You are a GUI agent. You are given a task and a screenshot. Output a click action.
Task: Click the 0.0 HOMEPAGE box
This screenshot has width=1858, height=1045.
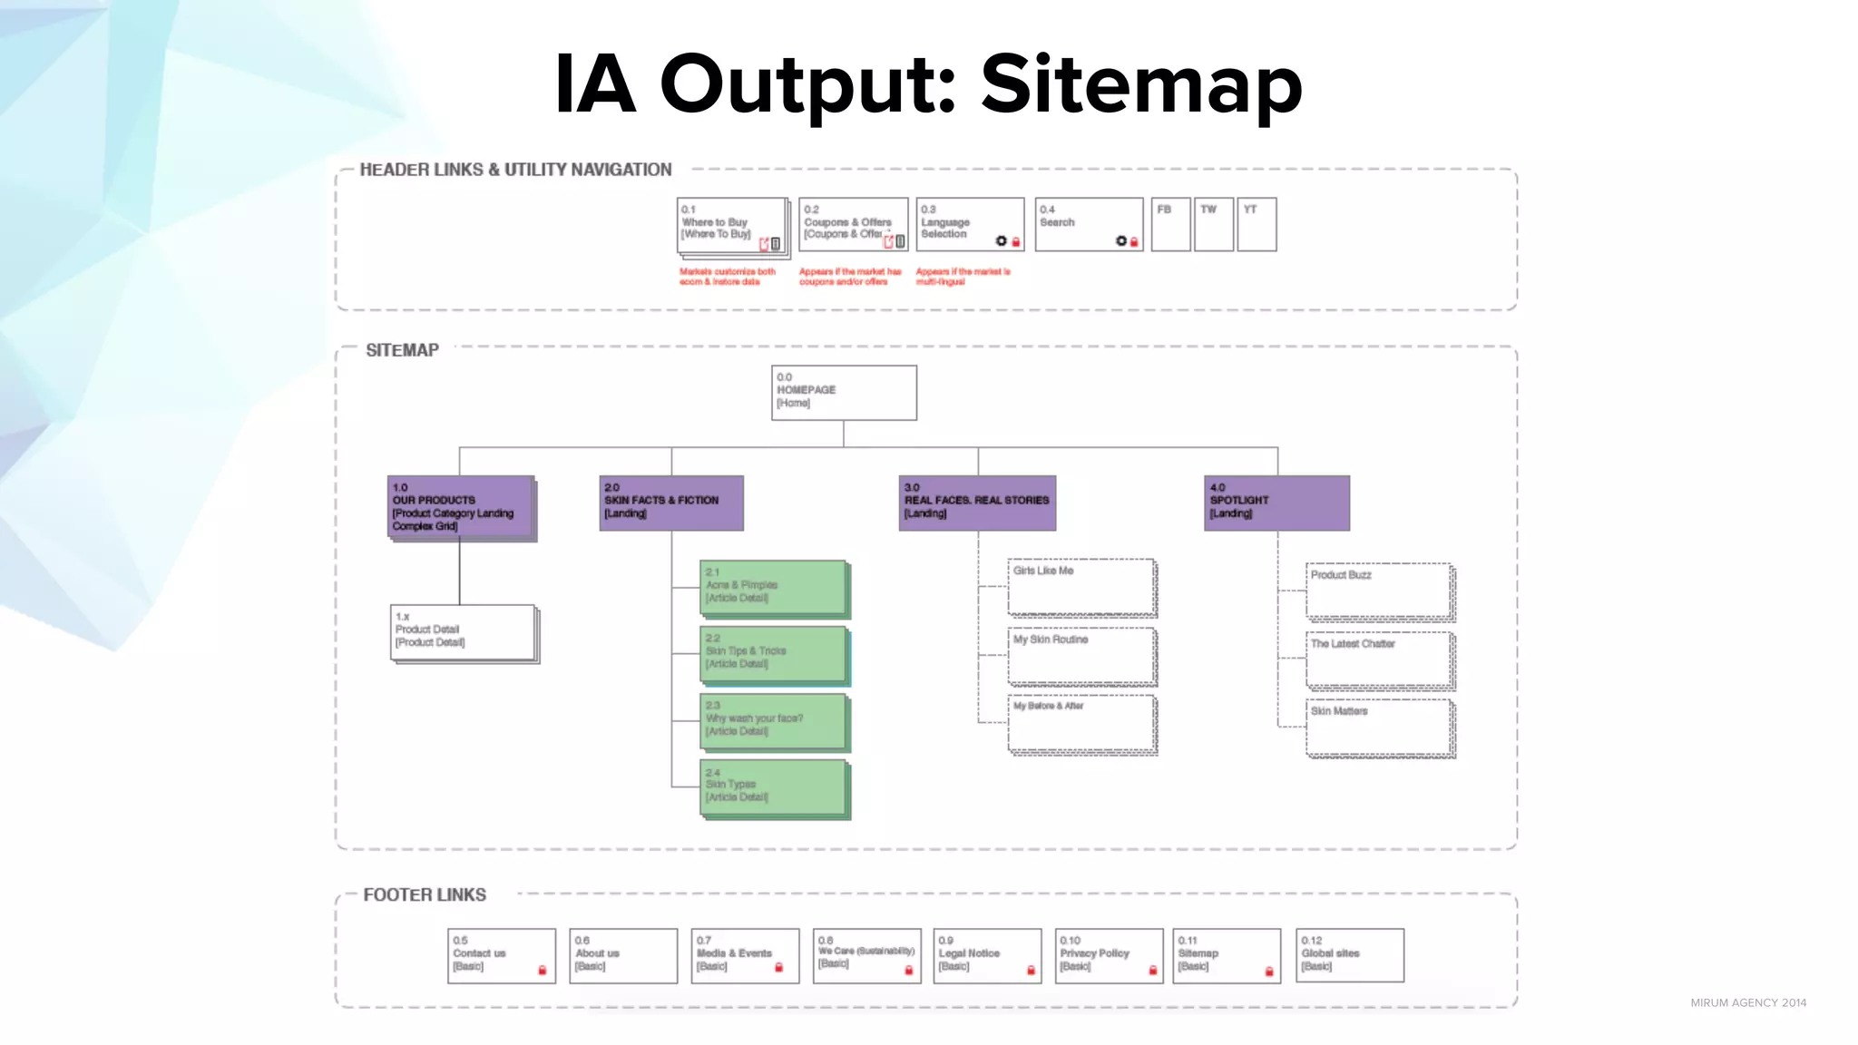pyautogui.click(x=844, y=393)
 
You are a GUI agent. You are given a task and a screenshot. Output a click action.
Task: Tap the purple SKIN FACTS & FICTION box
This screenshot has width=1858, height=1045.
pyautogui.click(x=671, y=503)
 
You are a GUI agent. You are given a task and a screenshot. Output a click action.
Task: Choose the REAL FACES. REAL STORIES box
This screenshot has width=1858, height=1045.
pyautogui.click(x=977, y=503)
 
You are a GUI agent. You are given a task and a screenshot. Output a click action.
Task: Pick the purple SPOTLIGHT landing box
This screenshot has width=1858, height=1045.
pyautogui.click(x=1276, y=503)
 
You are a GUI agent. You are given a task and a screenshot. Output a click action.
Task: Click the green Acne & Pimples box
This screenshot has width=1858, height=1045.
pyautogui.click(x=774, y=588)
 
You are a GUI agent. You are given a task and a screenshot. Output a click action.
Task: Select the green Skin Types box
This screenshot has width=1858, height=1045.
pyautogui.click(x=774, y=787)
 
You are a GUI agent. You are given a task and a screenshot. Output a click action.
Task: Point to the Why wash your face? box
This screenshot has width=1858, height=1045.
pyautogui.click(x=774, y=721)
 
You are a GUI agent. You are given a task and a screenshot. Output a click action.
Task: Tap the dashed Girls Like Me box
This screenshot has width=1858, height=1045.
pyautogui.click(x=1081, y=587)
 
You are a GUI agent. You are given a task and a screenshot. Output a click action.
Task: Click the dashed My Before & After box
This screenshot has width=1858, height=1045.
pyautogui.click(x=1081, y=724)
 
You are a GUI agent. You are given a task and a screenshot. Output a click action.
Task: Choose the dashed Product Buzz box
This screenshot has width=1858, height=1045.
pyautogui.click(x=1379, y=591)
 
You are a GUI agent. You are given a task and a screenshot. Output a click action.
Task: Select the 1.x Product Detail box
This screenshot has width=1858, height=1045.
pyautogui.click(x=463, y=632)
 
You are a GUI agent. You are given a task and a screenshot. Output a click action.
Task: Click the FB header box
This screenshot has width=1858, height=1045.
pyautogui.click(x=1170, y=224)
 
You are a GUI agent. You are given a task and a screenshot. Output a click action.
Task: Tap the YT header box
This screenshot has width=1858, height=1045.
pyautogui.click(x=1257, y=224)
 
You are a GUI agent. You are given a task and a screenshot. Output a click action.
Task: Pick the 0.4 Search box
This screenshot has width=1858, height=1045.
pyautogui.click(x=1089, y=224)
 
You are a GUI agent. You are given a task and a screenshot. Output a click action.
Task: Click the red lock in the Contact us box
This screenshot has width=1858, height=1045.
pyautogui.click(x=543, y=971)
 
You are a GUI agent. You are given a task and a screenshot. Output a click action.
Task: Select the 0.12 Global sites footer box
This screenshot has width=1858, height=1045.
pyautogui.click(x=1350, y=955)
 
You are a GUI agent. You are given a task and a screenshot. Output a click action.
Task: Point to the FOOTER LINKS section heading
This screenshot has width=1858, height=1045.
pyautogui.click(x=425, y=895)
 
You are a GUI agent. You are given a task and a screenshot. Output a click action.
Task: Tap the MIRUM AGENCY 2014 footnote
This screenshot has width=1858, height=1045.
pyautogui.click(x=1747, y=1002)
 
